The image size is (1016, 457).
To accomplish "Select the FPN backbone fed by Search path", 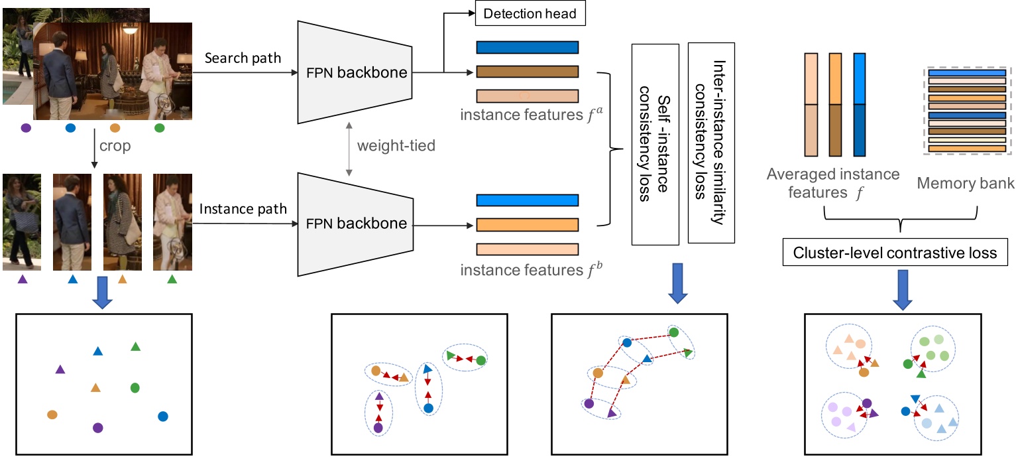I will point(355,72).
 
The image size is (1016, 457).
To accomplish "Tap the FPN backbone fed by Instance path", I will point(355,224).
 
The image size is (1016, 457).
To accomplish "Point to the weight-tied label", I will point(396,145).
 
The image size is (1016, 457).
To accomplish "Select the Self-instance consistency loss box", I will point(655,143).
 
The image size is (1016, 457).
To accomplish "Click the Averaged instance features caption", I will point(833,182).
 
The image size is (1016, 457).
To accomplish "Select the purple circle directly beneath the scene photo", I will point(26,128).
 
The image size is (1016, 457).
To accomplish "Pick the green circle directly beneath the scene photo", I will point(159,128).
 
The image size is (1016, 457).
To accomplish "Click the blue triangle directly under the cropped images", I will point(72,280).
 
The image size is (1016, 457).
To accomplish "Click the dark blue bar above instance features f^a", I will point(527,47).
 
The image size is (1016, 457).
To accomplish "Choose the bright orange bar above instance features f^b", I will point(527,225).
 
